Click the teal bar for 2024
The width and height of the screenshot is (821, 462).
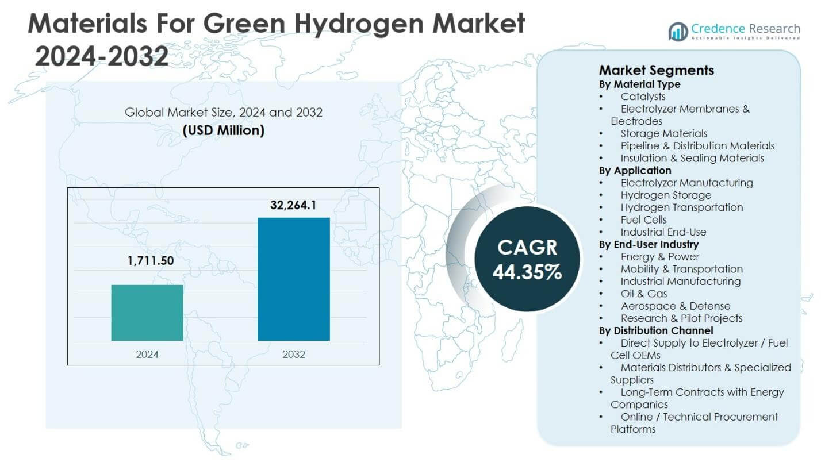click(x=147, y=313)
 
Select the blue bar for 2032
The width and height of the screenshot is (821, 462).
click(x=293, y=279)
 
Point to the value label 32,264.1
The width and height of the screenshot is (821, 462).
click(x=293, y=205)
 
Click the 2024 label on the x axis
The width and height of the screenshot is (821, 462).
click(x=147, y=354)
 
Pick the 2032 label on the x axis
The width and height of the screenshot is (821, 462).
click(x=293, y=354)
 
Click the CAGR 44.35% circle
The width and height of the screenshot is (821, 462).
click(x=527, y=260)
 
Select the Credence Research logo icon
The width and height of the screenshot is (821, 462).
click(x=678, y=31)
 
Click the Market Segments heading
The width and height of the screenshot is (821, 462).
click(x=656, y=70)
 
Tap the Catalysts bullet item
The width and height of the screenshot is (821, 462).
click(x=643, y=97)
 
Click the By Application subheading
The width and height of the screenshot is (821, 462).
click(x=635, y=171)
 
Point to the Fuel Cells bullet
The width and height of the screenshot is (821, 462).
click(x=643, y=220)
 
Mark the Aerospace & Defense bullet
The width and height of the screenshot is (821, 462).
click(x=675, y=306)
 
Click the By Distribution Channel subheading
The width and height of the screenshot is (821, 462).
click(x=656, y=330)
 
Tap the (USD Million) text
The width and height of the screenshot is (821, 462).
click(x=224, y=130)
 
